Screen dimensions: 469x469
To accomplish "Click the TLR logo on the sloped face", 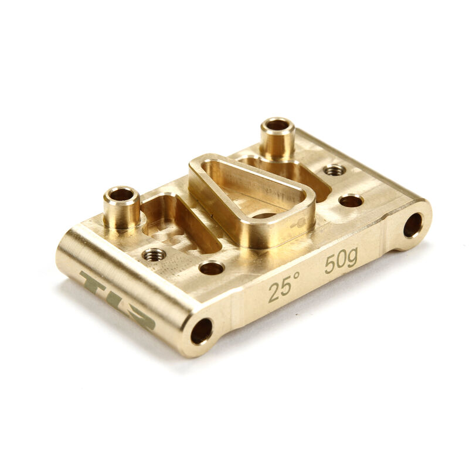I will click(x=117, y=300).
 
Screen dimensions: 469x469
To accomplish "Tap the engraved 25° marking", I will click(x=285, y=288).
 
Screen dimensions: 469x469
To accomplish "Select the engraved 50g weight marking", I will click(x=341, y=261).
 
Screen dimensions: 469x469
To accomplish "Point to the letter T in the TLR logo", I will click(x=94, y=284).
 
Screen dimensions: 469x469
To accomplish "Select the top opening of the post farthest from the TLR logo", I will click(x=277, y=125).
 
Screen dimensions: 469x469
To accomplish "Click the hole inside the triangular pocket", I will click(x=264, y=215).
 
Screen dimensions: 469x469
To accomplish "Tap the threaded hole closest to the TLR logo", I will click(x=154, y=254).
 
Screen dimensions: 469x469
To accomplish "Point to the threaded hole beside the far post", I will click(x=335, y=170).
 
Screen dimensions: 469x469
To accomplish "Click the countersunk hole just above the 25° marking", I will click(x=210, y=269).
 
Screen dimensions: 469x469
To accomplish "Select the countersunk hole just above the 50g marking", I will click(x=351, y=201).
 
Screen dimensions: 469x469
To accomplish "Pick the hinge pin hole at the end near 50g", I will click(x=412, y=225).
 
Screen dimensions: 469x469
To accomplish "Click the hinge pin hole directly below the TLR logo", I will click(x=202, y=331).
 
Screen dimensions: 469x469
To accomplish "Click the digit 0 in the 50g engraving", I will click(x=340, y=262).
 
